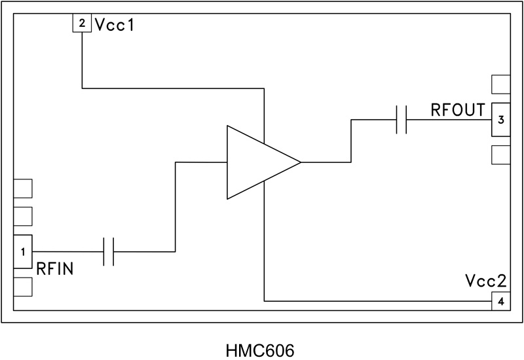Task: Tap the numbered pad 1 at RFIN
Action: tap(23, 251)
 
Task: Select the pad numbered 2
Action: tap(82, 24)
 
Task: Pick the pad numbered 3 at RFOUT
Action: tap(500, 120)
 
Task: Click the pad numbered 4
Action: tap(500, 301)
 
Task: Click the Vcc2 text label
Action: tap(486, 281)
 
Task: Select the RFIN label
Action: tap(54, 268)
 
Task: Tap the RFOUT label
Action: tap(458, 109)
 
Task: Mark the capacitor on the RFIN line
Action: tap(109, 251)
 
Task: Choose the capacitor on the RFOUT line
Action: tap(402, 120)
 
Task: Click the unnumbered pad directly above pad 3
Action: tap(500, 85)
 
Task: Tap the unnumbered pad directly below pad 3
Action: tap(500, 154)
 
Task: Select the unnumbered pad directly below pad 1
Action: tap(23, 287)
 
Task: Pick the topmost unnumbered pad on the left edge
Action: tap(23, 189)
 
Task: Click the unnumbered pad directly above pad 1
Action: tap(23, 217)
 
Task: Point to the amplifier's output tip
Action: tap(299, 162)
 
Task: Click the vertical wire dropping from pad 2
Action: tap(82, 60)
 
